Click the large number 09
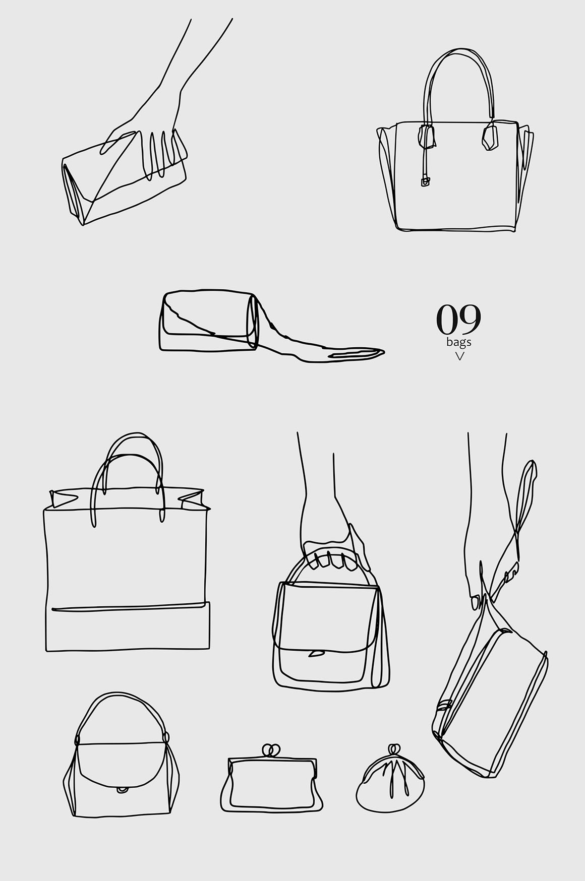(x=458, y=319)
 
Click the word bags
(x=458, y=342)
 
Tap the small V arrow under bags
(x=459, y=356)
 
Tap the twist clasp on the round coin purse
(x=394, y=750)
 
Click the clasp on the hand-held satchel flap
(x=316, y=654)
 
